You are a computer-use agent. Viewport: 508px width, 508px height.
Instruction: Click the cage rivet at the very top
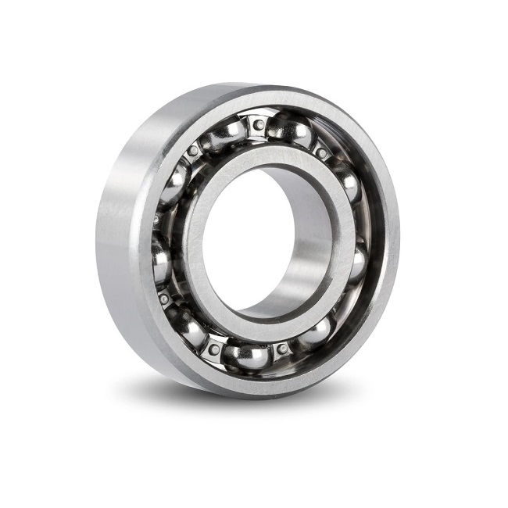click(259, 124)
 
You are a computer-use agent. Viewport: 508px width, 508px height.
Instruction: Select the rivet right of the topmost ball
click(322, 153)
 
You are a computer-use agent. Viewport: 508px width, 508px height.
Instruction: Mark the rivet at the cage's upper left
click(192, 150)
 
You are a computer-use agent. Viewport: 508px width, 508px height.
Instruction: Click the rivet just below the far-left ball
click(164, 298)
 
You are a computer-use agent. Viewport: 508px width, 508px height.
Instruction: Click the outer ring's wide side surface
click(117, 234)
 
